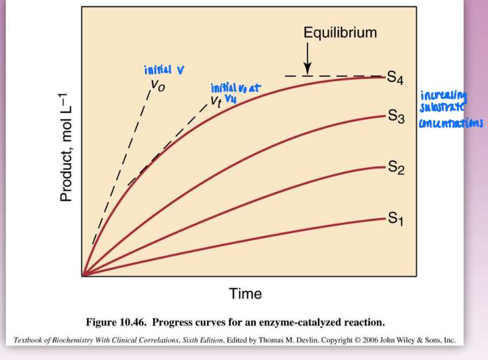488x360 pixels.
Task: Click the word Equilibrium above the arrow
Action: click(340, 32)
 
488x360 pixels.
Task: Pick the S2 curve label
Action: click(396, 168)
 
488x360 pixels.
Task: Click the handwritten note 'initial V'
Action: click(164, 70)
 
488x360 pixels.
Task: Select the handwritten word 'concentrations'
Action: click(451, 123)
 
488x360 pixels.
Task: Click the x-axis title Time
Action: click(245, 294)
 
